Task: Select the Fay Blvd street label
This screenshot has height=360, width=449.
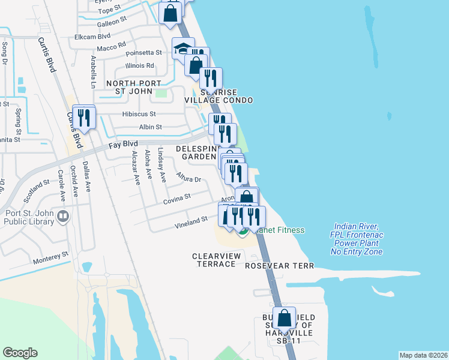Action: (123, 145)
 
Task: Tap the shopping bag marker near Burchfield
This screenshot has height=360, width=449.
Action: (285, 318)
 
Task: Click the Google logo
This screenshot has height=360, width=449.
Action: (20, 353)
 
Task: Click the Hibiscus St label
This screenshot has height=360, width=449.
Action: (139, 113)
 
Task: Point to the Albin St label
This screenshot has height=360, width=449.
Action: (150, 127)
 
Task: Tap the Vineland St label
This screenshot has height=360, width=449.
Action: (190, 222)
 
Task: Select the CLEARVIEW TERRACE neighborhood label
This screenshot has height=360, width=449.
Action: (214, 260)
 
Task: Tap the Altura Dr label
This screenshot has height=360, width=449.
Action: (188, 178)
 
